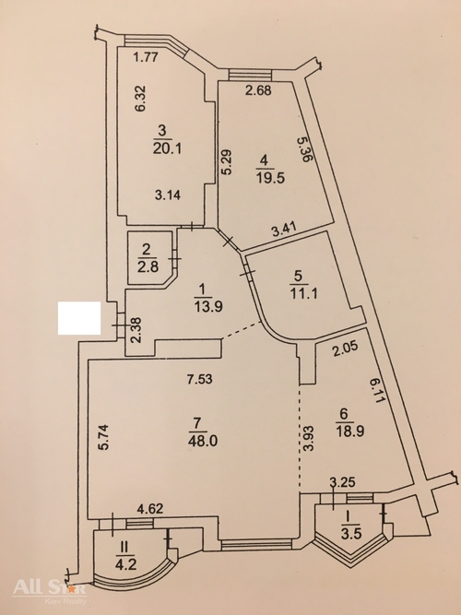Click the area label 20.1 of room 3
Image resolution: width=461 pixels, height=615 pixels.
pyautogui.click(x=167, y=149)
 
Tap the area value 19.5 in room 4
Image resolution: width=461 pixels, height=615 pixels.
pyautogui.click(x=270, y=178)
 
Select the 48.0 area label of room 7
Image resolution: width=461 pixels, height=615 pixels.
pyautogui.click(x=203, y=441)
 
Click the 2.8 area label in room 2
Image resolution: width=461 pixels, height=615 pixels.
pyautogui.click(x=148, y=266)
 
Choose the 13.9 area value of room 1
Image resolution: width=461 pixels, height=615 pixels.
pyautogui.click(x=208, y=305)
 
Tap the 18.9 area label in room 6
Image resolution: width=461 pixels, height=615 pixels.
pyautogui.click(x=350, y=431)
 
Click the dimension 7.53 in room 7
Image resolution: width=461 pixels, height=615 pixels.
pyautogui.click(x=199, y=379)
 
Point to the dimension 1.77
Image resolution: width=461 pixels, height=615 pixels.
pyautogui.click(x=146, y=57)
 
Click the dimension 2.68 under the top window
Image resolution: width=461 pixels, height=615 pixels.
pyautogui.click(x=258, y=90)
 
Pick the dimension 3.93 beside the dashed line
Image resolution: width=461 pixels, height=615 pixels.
pyautogui.click(x=309, y=438)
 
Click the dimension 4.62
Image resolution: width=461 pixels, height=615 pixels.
pyautogui.click(x=149, y=509)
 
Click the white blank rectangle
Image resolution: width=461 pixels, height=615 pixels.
pyautogui.click(x=79, y=318)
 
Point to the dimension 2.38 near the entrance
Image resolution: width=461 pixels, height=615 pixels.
pyautogui.click(x=136, y=330)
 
